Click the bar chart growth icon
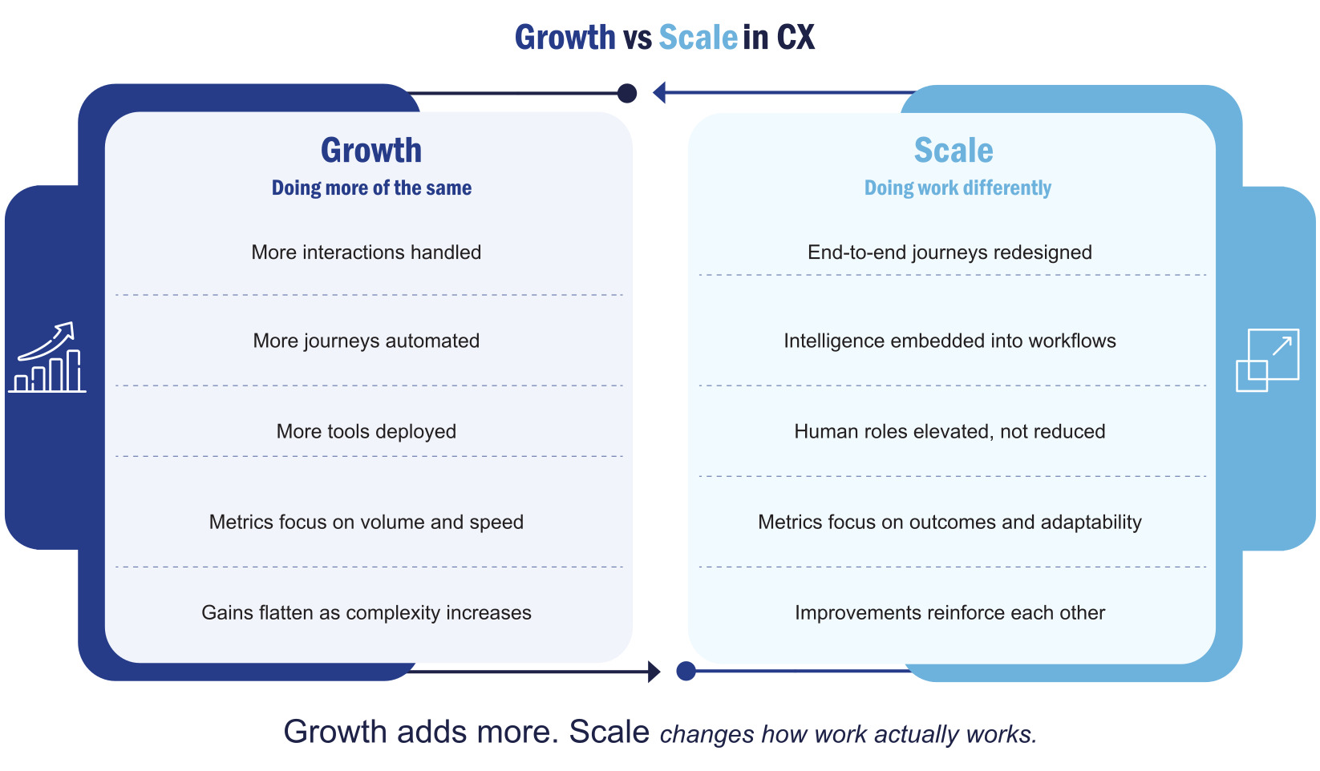pos(47,358)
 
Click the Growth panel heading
pos(370,151)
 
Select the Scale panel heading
pos(954,151)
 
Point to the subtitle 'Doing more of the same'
pos(371,188)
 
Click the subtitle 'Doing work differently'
pos(958,188)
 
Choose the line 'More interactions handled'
pos(366,252)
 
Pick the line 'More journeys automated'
pos(366,341)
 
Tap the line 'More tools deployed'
pos(366,431)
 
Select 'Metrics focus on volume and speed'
pos(366,522)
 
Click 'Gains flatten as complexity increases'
pos(366,612)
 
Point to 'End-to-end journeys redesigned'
pos(950,252)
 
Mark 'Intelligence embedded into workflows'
pos(950,341)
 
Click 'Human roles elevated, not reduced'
pos(950,431)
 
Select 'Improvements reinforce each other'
pos(950,612)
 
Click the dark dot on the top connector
pos(627,94)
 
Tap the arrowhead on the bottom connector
pos(654,672)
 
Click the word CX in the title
pos(796,38)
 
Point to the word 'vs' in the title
pos(637,38)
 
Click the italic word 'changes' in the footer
pos(707,734)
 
